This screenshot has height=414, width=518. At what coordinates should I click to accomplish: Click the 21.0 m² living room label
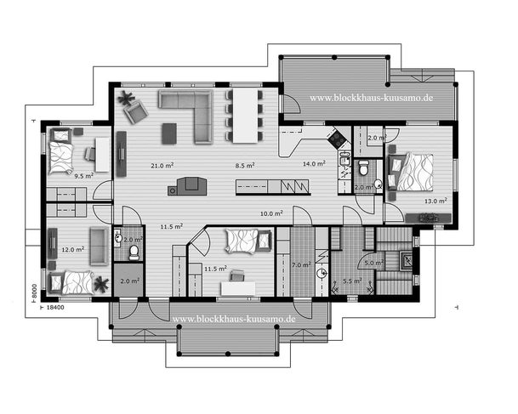point(162,166)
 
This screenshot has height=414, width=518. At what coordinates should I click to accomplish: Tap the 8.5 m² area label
point(245,165)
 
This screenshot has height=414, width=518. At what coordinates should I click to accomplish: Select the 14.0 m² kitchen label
point(314,163)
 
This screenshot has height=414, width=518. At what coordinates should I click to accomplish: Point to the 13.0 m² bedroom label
point(435,201)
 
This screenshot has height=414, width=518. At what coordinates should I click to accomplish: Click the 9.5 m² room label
point(84,176)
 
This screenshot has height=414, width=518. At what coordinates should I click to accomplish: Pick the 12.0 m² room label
point(72,249)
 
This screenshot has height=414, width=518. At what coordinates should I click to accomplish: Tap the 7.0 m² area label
point(301,264)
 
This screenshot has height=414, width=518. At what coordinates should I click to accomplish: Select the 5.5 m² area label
point(352,281)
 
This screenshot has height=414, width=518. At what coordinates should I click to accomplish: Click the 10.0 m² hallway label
point(271,213)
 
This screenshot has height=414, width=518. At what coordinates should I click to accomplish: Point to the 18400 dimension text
point(55,308)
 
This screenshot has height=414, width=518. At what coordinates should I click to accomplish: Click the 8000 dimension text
point(34,292)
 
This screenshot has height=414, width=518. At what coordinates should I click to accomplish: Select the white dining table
point(245,116)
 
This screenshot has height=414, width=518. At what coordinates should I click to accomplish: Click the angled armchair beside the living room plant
point(135,112)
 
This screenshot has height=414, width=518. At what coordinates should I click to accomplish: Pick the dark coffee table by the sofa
point(169,133)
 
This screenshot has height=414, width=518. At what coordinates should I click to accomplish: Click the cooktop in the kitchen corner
point(337,139)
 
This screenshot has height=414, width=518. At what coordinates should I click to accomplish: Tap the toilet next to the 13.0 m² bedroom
point(364,167)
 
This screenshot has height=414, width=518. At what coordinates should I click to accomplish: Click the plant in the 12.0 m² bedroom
point(101,284)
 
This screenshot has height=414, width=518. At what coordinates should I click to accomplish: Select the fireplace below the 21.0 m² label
point(187,186)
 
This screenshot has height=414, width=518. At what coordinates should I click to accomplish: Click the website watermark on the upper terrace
point(371,98)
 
